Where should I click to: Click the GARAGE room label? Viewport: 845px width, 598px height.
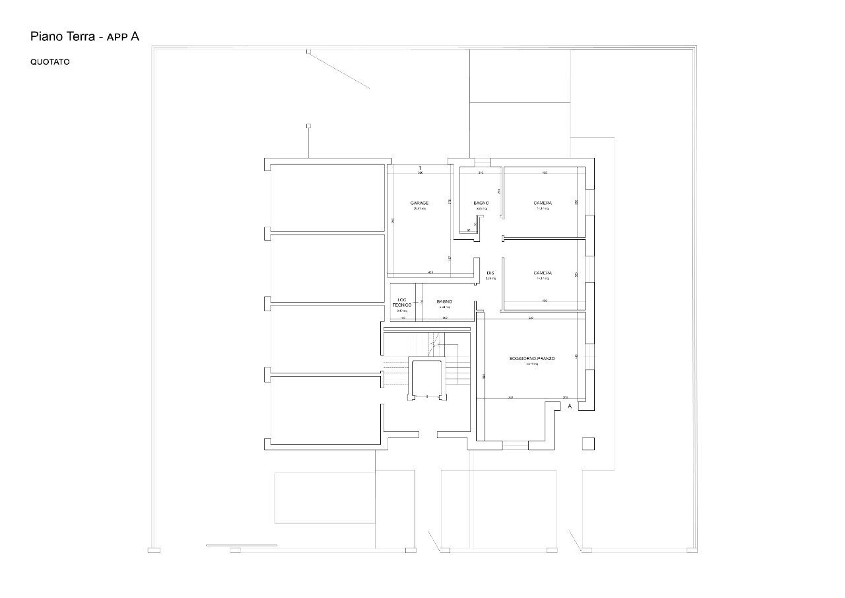(x=419, y=203)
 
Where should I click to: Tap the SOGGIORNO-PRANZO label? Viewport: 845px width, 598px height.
(x=532, y=358)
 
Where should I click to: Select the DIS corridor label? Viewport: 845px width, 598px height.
(x=490, y=273)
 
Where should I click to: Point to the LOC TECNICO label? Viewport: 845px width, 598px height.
(x=402, y=302)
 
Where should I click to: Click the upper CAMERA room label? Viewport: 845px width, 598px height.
(x=543, y=203)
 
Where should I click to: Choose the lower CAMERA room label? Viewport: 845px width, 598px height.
(x=543, y=273)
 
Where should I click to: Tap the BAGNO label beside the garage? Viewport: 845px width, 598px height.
(x=481, y=203)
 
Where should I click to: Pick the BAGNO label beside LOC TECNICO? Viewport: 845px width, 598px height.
(x=444, y=301)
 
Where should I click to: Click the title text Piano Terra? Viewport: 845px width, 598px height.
(x=63, y=37)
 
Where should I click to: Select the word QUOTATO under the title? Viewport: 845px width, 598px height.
(x=50, y=62)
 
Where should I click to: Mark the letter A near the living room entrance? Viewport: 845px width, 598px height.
(x=570, y=407)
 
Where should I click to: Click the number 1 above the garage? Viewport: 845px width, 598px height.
(x=420, y=168)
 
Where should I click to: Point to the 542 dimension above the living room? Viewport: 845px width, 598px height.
(x=531, y=318)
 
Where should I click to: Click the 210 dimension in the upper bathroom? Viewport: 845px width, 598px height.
(x=481, y=173)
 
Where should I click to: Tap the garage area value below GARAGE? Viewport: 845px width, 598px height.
(x=419, y=209)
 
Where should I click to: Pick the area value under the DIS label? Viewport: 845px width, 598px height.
(x=490, y=279)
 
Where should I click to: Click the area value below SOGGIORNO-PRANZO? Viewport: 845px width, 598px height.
(x=532, y=364)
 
